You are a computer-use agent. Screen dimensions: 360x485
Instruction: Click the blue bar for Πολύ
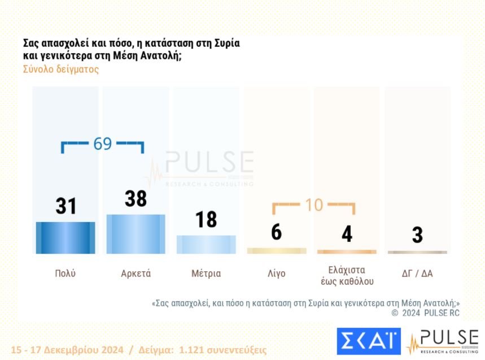65,237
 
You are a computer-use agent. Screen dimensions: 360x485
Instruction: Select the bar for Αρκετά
136,234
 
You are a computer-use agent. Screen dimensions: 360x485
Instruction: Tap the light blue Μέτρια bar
206,244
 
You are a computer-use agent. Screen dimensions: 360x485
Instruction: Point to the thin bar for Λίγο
277,250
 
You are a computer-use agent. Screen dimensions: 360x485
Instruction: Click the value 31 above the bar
66,206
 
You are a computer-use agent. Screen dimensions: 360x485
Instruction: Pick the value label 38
136,199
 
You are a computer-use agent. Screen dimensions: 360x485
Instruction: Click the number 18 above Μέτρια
206,220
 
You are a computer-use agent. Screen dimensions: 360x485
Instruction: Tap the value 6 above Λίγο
276,231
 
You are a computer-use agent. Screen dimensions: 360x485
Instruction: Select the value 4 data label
347,234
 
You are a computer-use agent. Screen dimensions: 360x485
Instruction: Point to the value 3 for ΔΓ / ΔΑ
417,235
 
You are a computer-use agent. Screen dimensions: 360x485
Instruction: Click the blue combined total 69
102,144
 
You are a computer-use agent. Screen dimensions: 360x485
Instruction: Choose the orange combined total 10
314,205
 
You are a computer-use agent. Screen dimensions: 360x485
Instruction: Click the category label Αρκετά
136,274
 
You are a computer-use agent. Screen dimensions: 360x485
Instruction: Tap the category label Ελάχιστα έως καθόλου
347,275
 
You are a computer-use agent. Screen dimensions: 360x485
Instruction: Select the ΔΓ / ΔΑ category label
417,274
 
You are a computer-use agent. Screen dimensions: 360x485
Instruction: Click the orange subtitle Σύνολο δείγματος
61,70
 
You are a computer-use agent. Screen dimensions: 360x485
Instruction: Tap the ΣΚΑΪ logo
369,341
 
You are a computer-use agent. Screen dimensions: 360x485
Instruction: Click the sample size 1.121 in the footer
193,350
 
